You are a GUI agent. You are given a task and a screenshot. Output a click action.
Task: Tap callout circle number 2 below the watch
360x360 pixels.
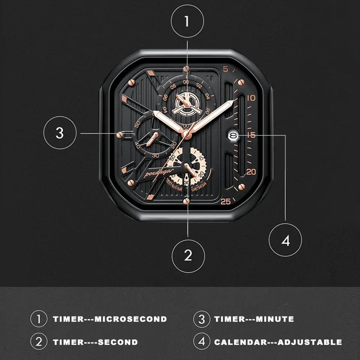tap(188, 256)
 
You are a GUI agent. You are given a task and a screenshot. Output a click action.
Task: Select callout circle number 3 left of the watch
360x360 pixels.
tap(60, 133)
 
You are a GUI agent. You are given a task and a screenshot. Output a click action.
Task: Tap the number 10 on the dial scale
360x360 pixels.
tap(251, 98)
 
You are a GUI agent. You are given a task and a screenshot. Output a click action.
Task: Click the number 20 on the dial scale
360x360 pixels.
tap(251, 172)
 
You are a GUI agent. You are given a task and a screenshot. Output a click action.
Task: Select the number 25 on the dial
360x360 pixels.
tap(226, 201)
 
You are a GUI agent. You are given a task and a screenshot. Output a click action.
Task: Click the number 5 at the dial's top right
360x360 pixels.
tap(225, 69)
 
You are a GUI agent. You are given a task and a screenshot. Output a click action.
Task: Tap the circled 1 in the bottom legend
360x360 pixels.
tap(39, 319)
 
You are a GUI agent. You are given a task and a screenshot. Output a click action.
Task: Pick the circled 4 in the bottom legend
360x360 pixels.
tap(202, 342)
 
